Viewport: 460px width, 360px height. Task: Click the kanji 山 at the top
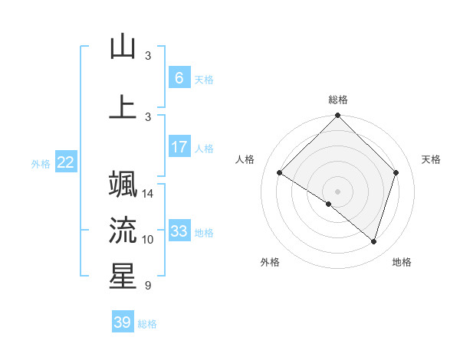[123, 47]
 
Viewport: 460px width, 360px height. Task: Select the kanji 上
[123, 106]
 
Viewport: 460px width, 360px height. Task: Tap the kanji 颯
[123, 185]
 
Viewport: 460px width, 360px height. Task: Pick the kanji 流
[123, 229]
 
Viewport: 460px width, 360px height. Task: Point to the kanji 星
[123, 276]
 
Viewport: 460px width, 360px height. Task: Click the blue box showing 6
[179, 78]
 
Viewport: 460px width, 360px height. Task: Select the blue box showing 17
[179, 147]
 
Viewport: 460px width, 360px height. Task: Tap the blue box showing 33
[179, 231]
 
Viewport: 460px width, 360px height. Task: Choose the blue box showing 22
[66, 162]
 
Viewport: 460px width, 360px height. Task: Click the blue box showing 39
[123, 322]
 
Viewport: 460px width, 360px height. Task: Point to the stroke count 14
[149, 194]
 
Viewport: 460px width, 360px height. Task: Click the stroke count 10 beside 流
[148, 240]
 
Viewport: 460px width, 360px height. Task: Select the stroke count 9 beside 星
[147, 286]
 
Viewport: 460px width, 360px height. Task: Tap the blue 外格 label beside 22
[41, 163]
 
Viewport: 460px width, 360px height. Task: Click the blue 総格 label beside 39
[147, 324]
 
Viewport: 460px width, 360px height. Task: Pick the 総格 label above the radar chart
[338, 100]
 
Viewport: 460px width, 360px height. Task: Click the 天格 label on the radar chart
[432, 159]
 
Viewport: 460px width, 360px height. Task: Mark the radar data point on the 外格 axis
[329, 205]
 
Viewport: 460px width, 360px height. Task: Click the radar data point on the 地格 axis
[374, 242]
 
